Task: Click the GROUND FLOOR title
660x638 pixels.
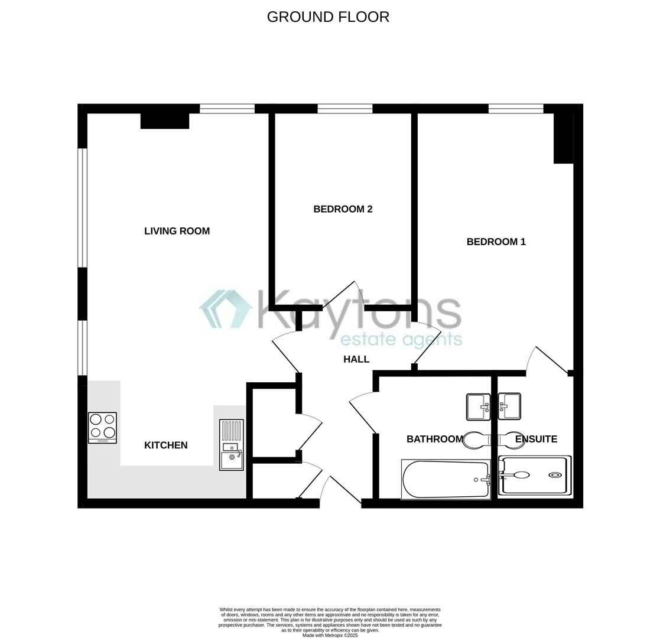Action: coord(328,17)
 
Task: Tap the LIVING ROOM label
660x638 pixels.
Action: coord(177,231)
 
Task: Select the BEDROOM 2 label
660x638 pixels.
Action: coord(343,209)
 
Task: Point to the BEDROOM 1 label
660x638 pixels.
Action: coord(496,242)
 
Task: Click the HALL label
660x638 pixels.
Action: coord(356,359)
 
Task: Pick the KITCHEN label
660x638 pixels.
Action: coord(165,445)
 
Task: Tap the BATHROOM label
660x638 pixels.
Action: coord(434,439)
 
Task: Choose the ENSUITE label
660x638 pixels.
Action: coord(536,439)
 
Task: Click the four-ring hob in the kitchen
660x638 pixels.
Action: coord(102,427)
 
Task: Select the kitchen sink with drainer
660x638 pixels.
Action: coord(232,445)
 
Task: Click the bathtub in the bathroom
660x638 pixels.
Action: coord(446,480)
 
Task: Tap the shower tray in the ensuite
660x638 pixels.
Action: coord(535,475)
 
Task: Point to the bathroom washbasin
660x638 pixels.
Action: coord(478,406)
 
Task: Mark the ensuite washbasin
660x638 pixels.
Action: coord(509,406)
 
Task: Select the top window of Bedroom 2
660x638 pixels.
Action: coord(345,109)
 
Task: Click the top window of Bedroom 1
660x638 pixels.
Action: coord(515,109)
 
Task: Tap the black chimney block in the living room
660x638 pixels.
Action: coord(165,120)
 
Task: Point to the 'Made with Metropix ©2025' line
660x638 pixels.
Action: coord(330,635)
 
